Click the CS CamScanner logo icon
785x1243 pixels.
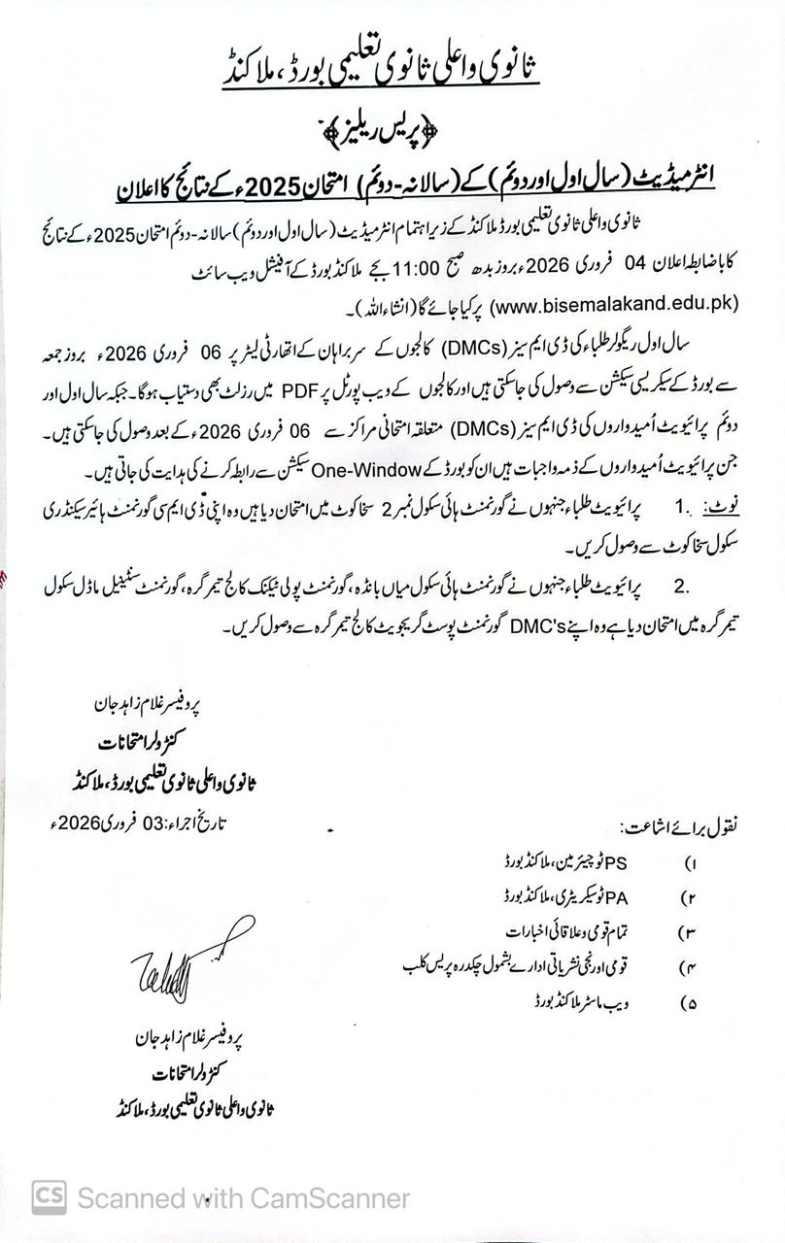tap(49, 1196)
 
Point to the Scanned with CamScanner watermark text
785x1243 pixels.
tap(243, 1198)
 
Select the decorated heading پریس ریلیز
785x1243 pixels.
tap(392, 126)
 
